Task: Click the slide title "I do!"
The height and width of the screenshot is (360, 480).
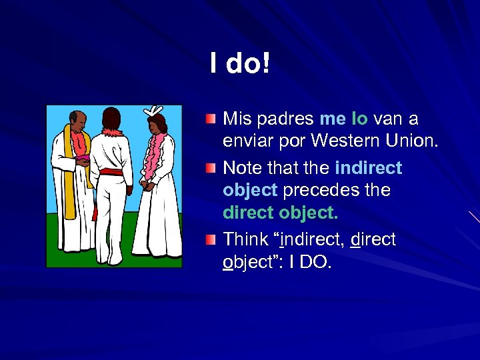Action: (x=239, y=64)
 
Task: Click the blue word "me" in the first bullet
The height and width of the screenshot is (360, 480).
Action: (x=332, y=119)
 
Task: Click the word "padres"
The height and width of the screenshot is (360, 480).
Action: (x=284, y=120)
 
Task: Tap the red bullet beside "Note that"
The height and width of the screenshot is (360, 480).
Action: (x=211, y=168)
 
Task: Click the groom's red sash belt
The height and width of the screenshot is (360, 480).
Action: (x=112, y=173)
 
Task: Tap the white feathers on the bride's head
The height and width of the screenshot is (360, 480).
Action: (x=156, y=110)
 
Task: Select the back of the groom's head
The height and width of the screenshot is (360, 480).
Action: (x=112, y=120)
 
